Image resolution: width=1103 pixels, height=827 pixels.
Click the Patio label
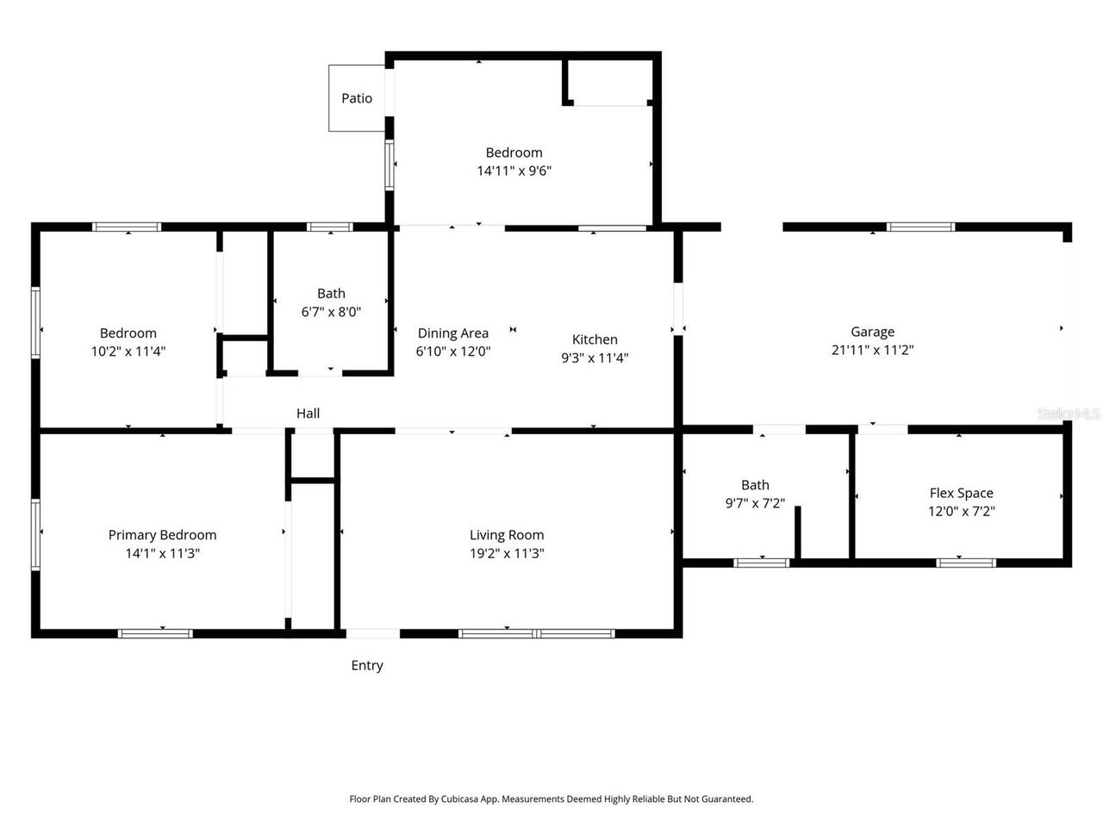[357, 98]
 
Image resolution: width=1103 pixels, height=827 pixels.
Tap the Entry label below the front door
[367, 665]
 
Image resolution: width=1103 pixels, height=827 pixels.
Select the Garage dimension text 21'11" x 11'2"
[872, 350]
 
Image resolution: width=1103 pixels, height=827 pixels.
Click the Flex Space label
[961, 493]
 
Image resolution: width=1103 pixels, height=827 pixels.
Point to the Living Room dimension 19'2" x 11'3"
[507, 553]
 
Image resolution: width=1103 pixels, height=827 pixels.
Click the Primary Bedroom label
[162, 535]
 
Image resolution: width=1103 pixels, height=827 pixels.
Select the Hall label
[308, 413]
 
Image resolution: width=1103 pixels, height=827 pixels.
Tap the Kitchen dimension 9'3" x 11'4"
[595, 358]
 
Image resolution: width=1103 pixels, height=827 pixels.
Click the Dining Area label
[452, 333]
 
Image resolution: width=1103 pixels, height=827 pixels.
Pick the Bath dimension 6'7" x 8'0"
[331, 312]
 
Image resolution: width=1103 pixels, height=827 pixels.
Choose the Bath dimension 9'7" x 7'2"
[755, 503]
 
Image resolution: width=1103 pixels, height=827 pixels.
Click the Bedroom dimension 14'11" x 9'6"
[514, 171]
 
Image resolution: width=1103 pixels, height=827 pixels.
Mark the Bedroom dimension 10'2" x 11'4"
[128, 351]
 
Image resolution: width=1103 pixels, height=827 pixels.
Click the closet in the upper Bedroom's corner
[611, 81]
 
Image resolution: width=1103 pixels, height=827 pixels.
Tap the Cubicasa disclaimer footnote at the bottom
[551, 799]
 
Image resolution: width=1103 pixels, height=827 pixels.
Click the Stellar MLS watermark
[1069, 413]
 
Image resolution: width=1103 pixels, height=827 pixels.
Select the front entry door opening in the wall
[372, 634]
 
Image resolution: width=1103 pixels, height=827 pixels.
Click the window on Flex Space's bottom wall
[966, 563]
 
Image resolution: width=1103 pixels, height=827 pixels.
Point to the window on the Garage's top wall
[920, 227]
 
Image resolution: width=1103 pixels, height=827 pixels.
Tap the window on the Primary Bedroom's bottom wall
[155, 634]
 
